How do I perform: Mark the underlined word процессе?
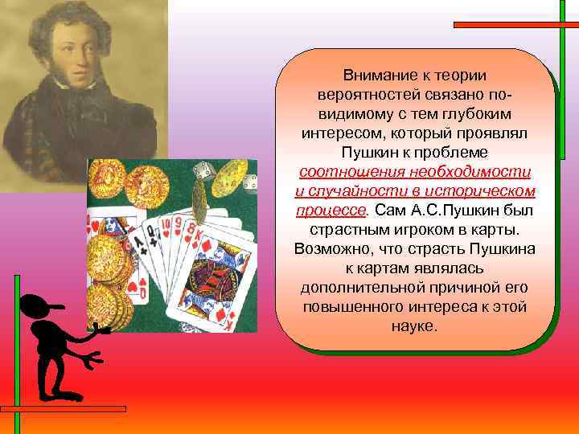pyautogui.click(x=330, y=210)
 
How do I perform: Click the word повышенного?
pyautogui.click(x=355, y=307)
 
